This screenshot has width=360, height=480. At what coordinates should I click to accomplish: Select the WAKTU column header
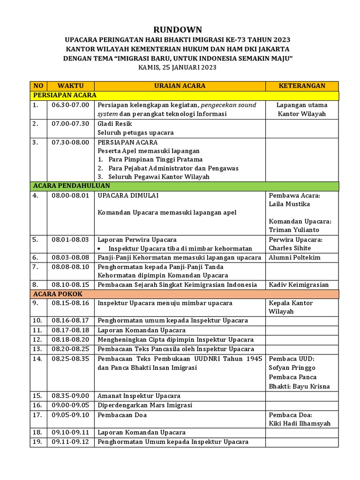click(x=70, y=86)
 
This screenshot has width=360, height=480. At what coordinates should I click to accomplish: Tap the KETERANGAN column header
click(x=302, y=86)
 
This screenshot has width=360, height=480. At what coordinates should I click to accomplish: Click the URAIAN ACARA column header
click(x=180, y=86)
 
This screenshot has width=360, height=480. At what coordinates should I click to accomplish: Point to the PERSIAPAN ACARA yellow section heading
click(x=65, y=95)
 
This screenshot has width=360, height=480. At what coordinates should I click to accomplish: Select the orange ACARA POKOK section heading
click(x=58, y=294)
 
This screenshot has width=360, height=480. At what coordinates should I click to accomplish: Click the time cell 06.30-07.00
click(x=70, y=105)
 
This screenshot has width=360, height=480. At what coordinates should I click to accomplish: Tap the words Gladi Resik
click(x=115, y=124)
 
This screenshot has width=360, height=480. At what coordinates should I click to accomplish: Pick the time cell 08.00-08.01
click(x=70, y=195)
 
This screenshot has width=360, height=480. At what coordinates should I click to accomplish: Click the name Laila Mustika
click(x=289, y=204)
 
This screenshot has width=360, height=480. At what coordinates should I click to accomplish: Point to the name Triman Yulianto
click(x=293, y=230)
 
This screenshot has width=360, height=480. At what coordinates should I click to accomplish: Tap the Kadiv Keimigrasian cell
click(x=299, y=285)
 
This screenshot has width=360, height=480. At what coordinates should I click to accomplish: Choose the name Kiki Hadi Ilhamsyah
click(x=300, y=423)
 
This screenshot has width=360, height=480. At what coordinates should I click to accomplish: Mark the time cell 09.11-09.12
click(x=70, y=442)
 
